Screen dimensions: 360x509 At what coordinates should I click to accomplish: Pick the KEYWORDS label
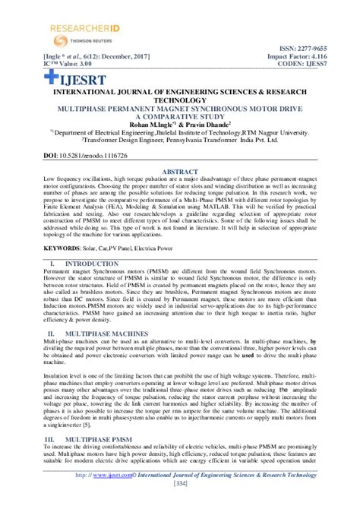click(x=62, y=248)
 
